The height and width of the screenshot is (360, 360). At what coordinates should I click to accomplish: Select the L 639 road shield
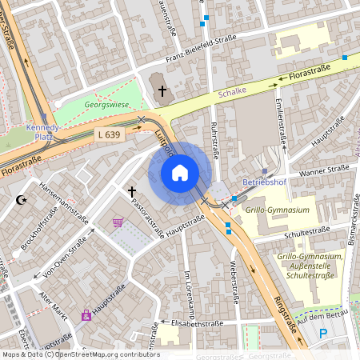(108, 134)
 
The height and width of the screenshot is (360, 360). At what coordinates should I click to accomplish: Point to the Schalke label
(231, 93)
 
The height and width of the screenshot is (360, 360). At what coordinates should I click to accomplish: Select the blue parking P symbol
(323, 334)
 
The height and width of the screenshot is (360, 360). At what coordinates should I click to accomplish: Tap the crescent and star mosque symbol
(22, 200)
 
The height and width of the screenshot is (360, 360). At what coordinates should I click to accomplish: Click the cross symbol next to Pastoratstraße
(132, 192)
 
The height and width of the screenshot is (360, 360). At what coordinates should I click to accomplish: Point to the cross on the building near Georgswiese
(162, 90)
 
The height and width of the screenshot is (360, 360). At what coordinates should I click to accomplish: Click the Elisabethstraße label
(198, 323)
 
